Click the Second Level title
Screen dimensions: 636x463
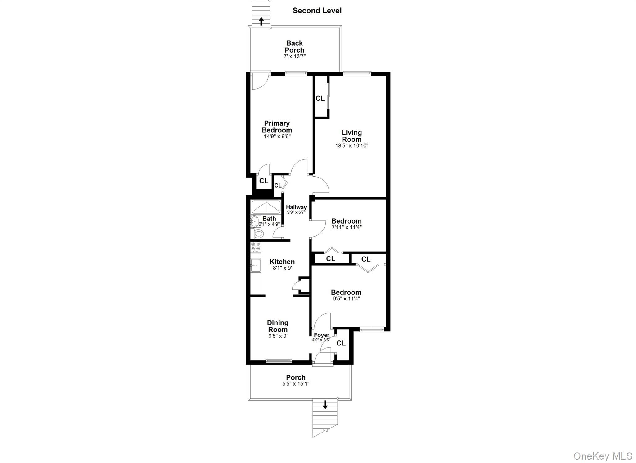pyautogui.click(x=317, y=11)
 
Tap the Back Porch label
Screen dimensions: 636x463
pyautogui.click(x=294, y=47)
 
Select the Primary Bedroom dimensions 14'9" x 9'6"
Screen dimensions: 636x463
pyautogui.click(x=277, y=136)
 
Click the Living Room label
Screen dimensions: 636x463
pyautogui.click(x=352, y=136)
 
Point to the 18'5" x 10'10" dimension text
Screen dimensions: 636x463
pyautogui.click(x=352, y=146)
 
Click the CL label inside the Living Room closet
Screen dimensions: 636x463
pyautogui.click(x=320, y=99)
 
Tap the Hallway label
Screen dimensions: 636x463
pyautogui.click(x=296, y=207)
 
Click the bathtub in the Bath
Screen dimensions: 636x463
pyautogui.click(x=266, y=207)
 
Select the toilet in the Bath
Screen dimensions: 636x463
pyautogui.click(x=257, y=233)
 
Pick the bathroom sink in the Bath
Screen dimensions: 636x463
pyautogui.click(x=254, y=222)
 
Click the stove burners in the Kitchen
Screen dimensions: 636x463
pyautogui.click(x=256, y=247)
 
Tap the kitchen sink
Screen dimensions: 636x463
pyautogui.click(x=256, y=265)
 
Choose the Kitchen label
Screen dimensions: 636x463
pyautogui.click(x=282, y=262)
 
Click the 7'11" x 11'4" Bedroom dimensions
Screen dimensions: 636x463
pyautogui.click(x=347, y=227)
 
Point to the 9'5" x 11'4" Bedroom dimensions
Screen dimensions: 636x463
pyautogui.click(x=346, y=299)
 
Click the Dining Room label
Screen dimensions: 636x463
pyautogui.click(x=278, y=326)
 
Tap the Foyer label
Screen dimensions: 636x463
pyautogui.click(x=321, y=335)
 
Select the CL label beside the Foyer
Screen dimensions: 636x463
pyautogui.click(x=341, y=343)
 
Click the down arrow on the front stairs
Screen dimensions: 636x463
pyautogui.click(x=325, y=405)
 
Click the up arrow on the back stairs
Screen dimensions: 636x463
pyautogui.click(x=261, y=21)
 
